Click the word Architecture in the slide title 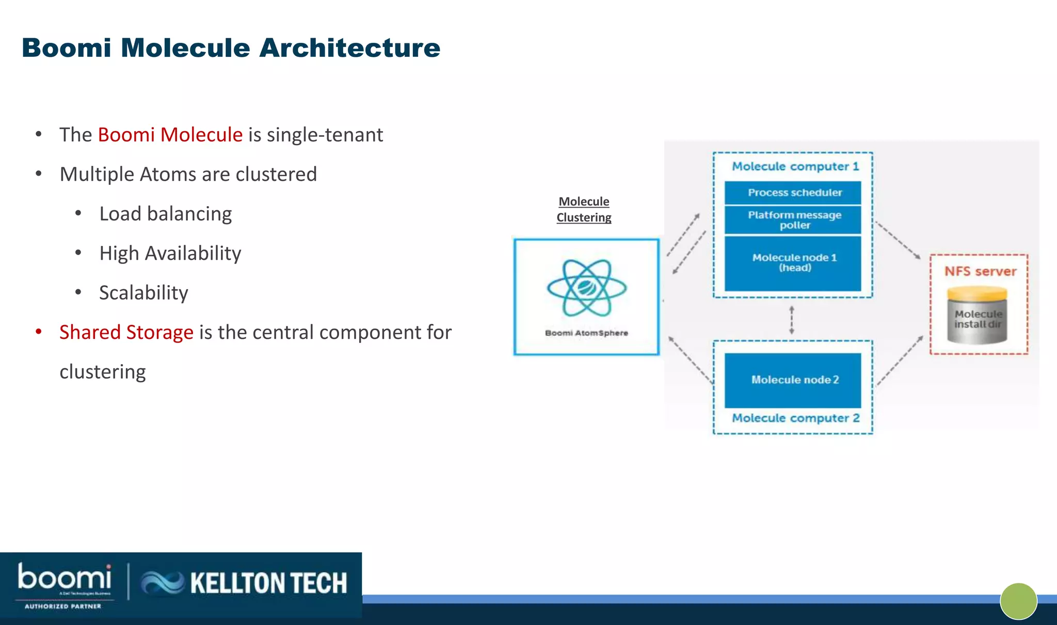point(349,48)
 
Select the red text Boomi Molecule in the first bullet point(170,135)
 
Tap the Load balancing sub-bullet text point(165,214)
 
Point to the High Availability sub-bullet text point(170,254)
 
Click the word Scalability point(143,293)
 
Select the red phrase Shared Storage point(126,332)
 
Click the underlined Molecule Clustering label point(584,209)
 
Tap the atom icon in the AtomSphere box point(587,288)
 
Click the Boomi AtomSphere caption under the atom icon point(586,333)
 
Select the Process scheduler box point(794,193)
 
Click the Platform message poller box point(794,220)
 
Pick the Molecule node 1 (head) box point(794,262)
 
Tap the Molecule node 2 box point(794,380)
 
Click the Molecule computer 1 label point(795,166)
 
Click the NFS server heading point(980,272)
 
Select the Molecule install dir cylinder point(977,318)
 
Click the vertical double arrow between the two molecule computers point(792,320)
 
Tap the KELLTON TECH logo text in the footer point(268,583)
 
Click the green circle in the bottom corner point(1018,601)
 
